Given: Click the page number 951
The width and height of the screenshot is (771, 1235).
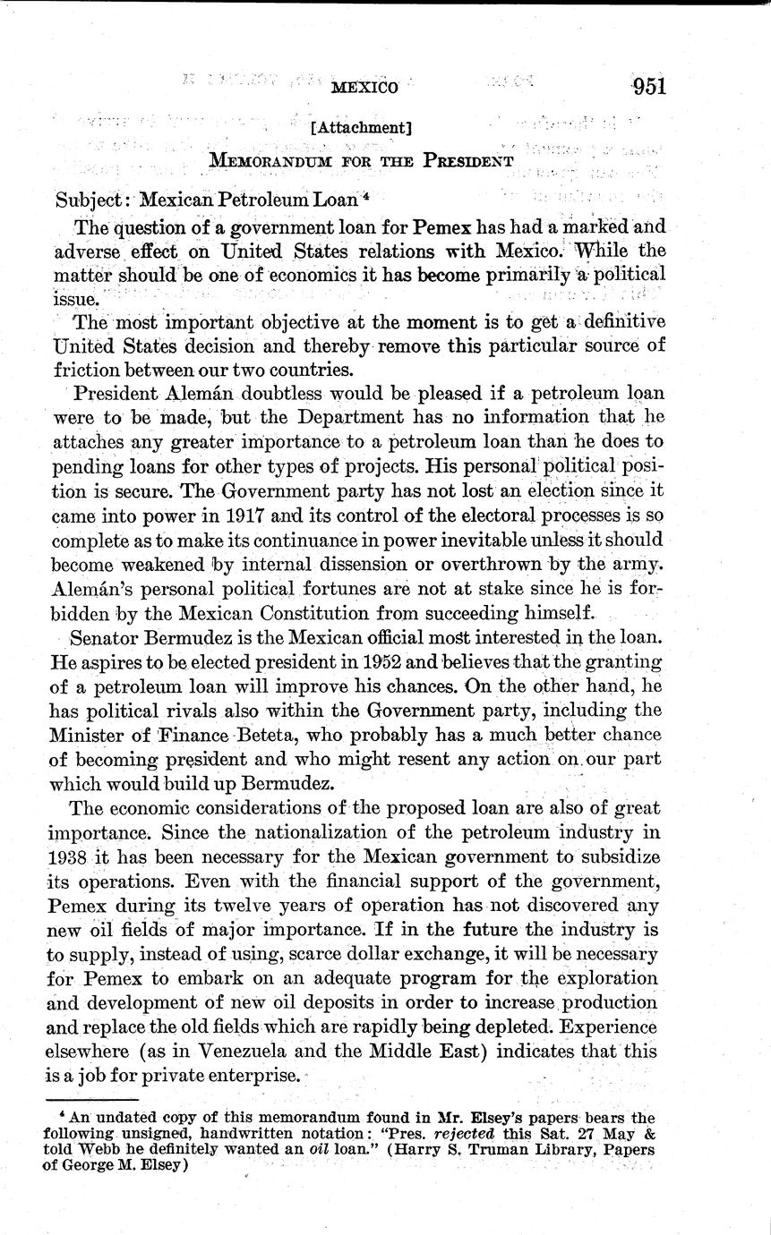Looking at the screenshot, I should coord(649,87).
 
